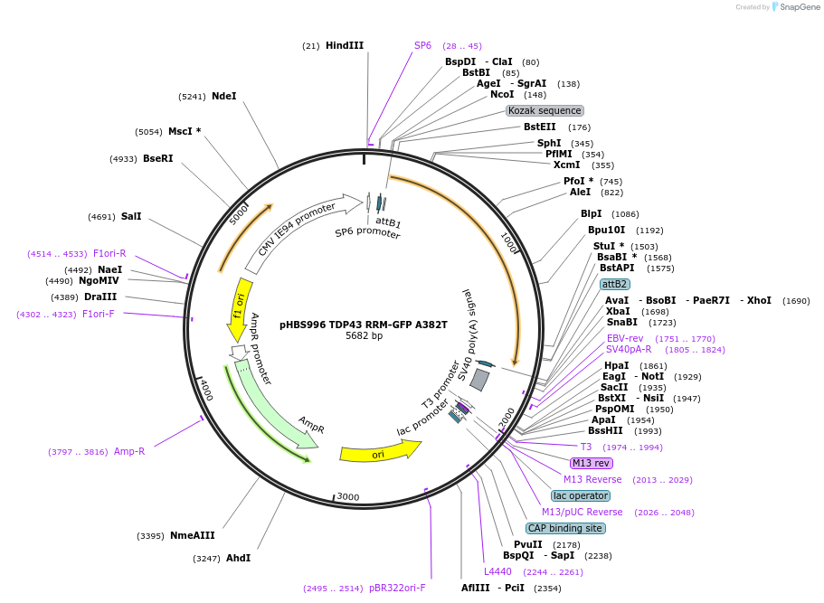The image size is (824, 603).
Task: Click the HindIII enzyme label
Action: (345, 45)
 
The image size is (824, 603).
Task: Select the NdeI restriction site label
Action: (223, 96)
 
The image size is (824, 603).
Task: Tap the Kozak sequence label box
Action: (545, 110)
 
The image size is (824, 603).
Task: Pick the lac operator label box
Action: (581, 495)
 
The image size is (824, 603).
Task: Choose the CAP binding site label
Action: (565, 528)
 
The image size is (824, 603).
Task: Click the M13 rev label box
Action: (592, 463)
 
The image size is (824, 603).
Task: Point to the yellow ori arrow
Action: (380, 452)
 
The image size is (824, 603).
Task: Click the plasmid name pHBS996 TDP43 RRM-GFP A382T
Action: (364, 325)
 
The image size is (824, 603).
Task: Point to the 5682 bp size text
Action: (364, 336)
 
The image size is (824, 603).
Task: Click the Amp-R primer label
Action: (129, 451)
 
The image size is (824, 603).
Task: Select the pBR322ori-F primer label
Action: (397, 588)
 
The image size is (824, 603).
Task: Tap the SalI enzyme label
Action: (131, 216)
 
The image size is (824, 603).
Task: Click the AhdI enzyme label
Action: (238, 558)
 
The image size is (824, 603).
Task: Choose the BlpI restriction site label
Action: (591, 213)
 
